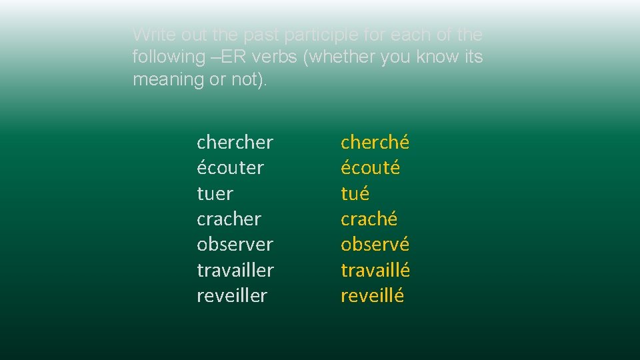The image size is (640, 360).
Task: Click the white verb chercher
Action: [235, 142]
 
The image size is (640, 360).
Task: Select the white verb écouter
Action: [230, 168]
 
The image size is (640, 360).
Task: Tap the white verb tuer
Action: [215, 194]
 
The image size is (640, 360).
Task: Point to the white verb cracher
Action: [229, 219]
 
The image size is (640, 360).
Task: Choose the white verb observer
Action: [235, 244]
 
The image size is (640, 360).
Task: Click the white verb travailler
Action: [235, 270]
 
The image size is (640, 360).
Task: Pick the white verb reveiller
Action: [232, 295]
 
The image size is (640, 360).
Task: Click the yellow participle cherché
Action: [375, 142]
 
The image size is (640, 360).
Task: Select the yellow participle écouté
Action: [370, 168]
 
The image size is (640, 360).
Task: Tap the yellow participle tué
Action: [355, 194]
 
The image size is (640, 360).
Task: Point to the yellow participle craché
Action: [369, 219]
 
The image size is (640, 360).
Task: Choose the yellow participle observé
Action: [375, 244]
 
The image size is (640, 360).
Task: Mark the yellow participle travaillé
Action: [375, 270]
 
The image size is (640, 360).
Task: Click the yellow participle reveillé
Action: [372, 295]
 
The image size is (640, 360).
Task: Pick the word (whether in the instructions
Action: [339, 57]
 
